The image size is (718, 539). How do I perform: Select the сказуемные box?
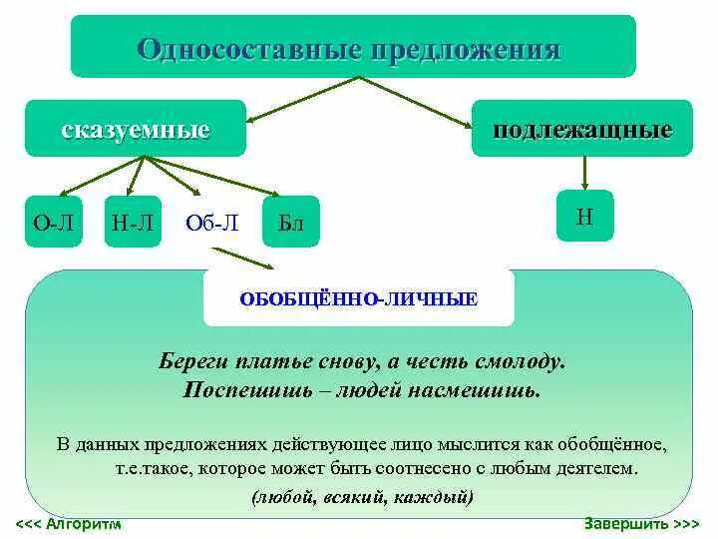click(135, 129)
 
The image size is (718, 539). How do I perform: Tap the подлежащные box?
click(581, 129)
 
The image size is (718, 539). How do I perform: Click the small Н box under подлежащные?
click(585, 218)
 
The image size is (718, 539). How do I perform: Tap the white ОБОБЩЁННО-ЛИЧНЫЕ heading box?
click(359, 298)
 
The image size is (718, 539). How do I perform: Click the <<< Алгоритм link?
click(69, 524)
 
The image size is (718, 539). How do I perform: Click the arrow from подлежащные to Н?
click(585, 173)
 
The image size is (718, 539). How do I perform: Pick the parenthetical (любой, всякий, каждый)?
click(363, 496)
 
